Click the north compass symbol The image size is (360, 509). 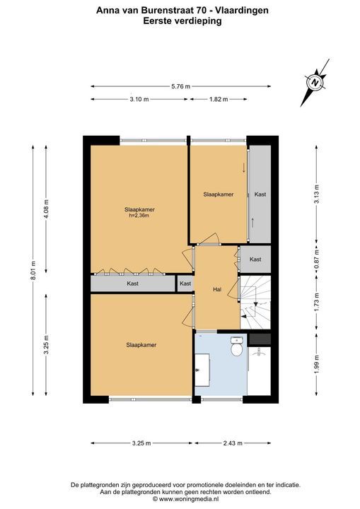click(x=315, y=83)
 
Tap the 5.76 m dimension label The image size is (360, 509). click(x=180, y=86)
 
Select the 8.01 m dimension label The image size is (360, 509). click(x=33, y=270)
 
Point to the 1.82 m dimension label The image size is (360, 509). click(x=218, y=100)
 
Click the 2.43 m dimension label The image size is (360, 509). click(x=232, y=443)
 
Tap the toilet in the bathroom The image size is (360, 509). click(x=236, y=346)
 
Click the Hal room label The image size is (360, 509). click(x=217, y=289)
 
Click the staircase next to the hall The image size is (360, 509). click(x=255, y=303)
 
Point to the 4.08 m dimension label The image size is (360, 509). click(x=46, y=209)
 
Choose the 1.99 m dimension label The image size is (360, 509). click(x=317, y=364)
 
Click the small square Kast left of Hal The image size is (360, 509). click(x=185, y=283)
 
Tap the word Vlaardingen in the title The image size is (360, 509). click(x=242, y=11)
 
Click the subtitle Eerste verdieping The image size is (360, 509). click(x=182, y=21)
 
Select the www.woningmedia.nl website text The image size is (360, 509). click(x=190, y=499)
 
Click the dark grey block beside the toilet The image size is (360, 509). click(x=260, y=339)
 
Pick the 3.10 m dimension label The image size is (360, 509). click(x=139, y=100)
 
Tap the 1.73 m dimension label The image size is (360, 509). click(x=317, y=303)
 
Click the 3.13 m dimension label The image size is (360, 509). click(x=317, y=194)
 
